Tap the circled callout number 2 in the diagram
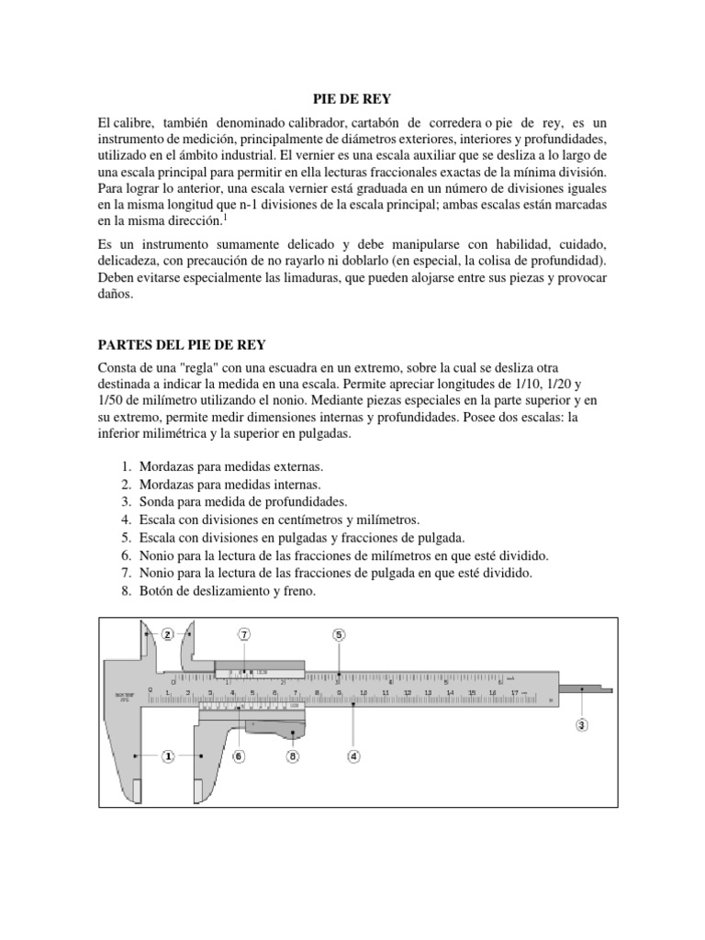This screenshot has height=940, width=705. coord(168,633)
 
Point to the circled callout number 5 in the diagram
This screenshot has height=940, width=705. coord(339,634)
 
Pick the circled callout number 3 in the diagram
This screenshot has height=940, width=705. coord(581,725)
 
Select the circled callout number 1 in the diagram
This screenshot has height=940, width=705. coord(169,756)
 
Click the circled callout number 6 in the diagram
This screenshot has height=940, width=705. coord(238,756)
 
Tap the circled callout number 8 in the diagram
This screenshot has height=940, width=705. coord(293,756)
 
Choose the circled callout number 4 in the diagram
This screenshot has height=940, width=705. coord(353,756)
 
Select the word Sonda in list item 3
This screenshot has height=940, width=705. coord(157,502)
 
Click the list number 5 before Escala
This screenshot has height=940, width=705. coord(125,538)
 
